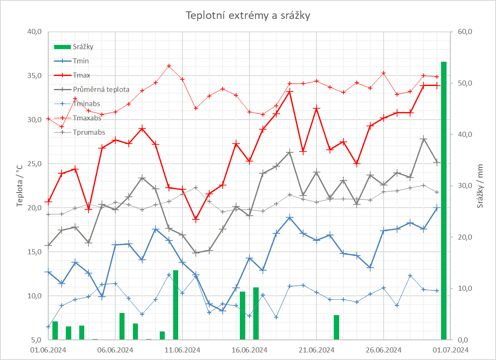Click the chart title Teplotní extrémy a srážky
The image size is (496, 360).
point(248,16)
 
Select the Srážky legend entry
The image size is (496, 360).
point(83,47)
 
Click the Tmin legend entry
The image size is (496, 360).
point(81,61)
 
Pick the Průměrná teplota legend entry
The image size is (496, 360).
point(101,89)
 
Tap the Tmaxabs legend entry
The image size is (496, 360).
point(87,118)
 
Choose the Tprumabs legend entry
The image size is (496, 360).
point(89,132)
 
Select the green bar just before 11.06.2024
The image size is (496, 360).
point(176,305)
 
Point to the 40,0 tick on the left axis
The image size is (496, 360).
point(34,32)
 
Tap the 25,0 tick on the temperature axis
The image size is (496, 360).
point(34,164)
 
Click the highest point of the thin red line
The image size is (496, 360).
point(169,66)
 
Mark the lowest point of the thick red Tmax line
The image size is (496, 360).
point(196,219)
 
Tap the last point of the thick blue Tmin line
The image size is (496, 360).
point(437,208)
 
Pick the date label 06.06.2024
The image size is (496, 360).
point(115,350)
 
